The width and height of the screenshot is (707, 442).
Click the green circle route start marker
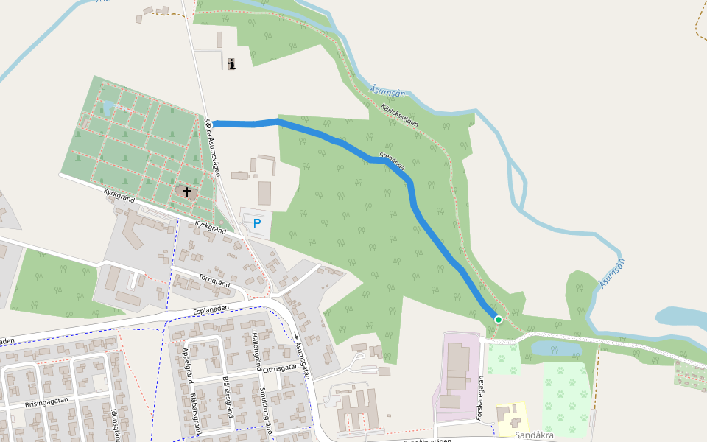click(498, 319)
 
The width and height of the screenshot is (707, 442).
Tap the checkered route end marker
click(208, 124)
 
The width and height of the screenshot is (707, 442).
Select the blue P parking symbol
click(256, 222)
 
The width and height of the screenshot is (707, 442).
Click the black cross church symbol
click(187, 192)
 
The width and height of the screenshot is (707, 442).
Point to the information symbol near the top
click(233, 64)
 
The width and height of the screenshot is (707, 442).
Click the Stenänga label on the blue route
click(392, 161)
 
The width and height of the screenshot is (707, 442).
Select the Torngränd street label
click(214, 279)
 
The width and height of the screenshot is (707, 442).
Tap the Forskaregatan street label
click(480, 399)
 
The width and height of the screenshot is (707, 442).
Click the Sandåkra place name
click(533, 435)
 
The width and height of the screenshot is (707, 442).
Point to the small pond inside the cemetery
click(108, 108)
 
